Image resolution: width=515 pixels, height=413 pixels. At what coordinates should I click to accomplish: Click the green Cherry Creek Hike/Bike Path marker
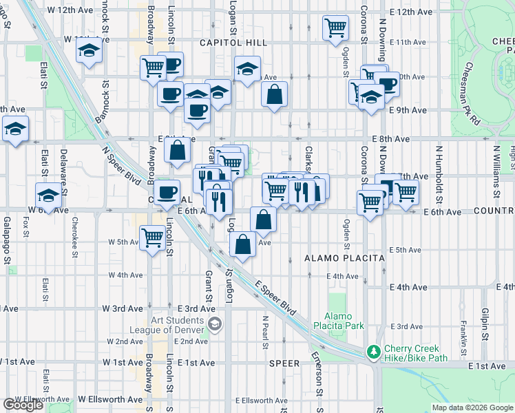[x=373, y=352]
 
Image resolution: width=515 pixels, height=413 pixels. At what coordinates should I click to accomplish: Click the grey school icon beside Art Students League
[x=215, y=324]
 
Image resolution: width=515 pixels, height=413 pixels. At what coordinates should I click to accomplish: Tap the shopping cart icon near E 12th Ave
[x=335, y=28]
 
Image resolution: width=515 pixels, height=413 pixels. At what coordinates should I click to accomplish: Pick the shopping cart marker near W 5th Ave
[x=152, y=239]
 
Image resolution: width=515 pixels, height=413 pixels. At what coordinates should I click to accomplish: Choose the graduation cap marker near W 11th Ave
[x=89, y=50]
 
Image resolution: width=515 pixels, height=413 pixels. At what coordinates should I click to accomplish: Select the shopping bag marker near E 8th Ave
[x=177, y=151]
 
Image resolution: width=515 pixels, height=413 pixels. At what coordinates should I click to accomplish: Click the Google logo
[x=23, y=404]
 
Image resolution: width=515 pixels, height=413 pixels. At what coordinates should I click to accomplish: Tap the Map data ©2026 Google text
[x=472, y=407]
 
